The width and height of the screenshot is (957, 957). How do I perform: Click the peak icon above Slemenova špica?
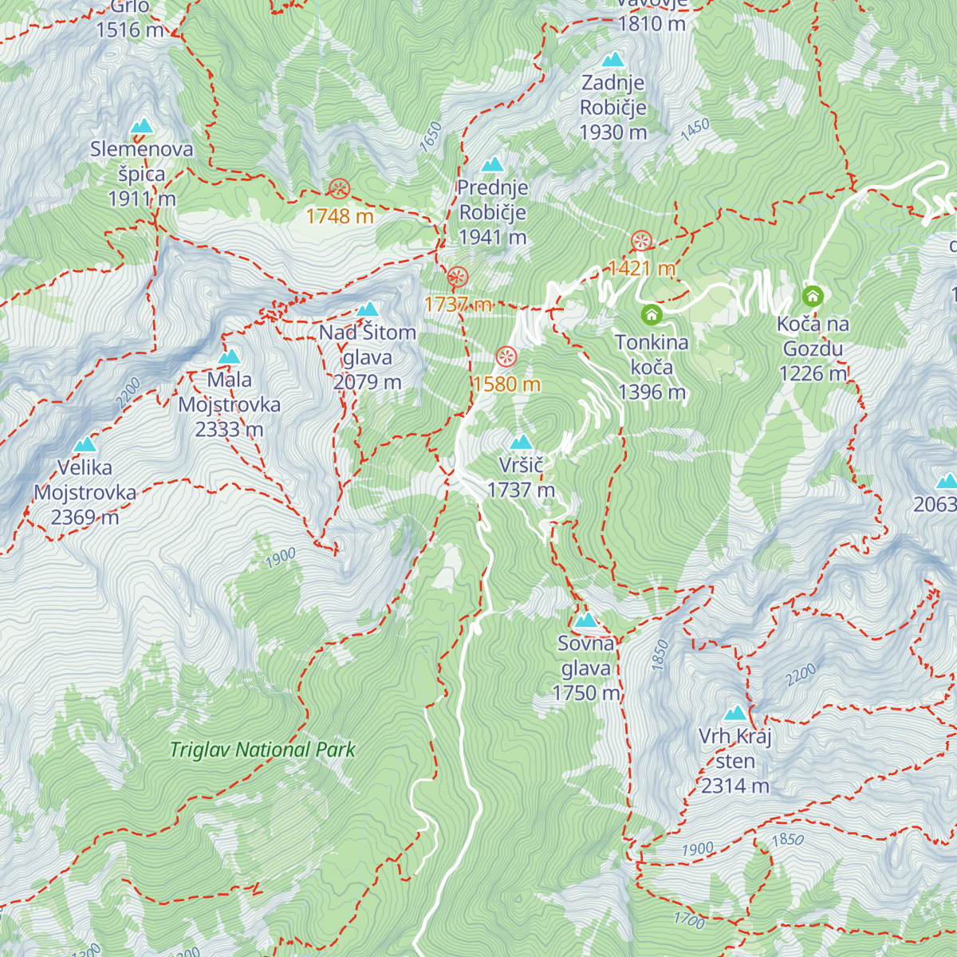pos(142,125)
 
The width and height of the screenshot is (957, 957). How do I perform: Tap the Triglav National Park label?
pos(262,750)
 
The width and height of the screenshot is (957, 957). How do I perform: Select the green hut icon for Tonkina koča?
pos(652,314)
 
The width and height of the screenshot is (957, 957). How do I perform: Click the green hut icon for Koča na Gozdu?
pos(813,297)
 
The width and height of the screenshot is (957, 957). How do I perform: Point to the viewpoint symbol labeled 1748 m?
pos(340,189)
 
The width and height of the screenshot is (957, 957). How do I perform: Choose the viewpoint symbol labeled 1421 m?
pos(641,241)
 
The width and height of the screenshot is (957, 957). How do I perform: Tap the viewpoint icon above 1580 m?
pos(506,356)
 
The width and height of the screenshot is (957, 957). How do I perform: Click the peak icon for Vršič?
pos(521,442)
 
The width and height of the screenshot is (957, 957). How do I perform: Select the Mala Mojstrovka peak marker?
pos(230,356)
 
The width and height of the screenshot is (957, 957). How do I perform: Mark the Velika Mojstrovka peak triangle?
pos(85,444)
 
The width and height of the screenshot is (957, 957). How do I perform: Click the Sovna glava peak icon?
pos(586,620)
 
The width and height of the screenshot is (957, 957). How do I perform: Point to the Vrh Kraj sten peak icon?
pos(735,712)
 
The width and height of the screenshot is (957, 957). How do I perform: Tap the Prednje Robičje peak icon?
pos(493,164)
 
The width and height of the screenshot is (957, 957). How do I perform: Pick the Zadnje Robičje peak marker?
pos(612,59)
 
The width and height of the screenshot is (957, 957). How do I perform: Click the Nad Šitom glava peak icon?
pos(368,309)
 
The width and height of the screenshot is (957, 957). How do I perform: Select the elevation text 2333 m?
pos(229,430)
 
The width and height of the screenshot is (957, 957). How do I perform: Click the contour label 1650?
pos(431,136)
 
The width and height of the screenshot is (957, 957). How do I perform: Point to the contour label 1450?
pos(695,130)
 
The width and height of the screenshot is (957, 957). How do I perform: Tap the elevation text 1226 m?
pos(813,373)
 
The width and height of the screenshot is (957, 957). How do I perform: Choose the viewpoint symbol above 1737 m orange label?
pos(458,278)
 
